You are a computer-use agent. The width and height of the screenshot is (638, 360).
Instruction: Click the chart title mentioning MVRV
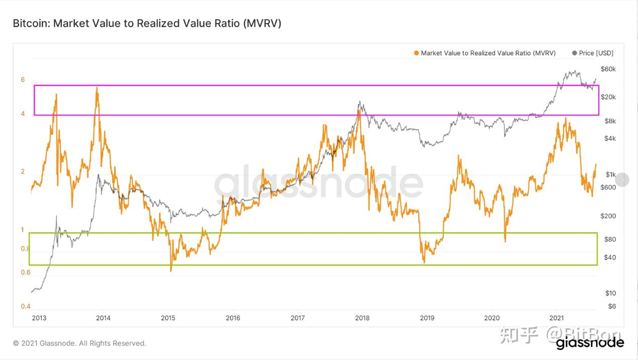coord(147,23)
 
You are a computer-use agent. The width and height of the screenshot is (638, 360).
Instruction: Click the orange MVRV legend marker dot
coord(416,53)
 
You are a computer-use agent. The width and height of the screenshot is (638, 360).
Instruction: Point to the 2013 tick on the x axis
coord(39,318)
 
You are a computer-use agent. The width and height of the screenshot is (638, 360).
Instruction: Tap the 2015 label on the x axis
coord(168,318)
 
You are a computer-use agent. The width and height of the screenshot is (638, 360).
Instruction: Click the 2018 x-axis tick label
coord(362,318)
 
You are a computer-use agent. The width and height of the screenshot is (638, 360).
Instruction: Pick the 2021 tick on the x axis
coord(556,318)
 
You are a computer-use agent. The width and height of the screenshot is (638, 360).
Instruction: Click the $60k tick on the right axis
coord(608,69)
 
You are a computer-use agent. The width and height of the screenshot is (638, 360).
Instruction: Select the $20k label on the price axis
coord(608,97)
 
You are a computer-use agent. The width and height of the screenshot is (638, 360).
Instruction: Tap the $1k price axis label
coord(610,174)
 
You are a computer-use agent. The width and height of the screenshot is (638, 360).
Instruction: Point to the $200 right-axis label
coord(608,216)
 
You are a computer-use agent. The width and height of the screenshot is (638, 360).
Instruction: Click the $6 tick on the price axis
coord(611,306)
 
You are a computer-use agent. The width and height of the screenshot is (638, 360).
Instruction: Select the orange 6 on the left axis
coord(23,79)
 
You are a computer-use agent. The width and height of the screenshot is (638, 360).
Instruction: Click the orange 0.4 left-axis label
coord(25,306)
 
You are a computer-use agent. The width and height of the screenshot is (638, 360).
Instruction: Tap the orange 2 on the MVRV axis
coord(23,171)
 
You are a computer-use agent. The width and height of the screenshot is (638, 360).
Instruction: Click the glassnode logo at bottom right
coord(590,343)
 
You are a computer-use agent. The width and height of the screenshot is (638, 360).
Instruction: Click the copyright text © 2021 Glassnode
coord(79,343)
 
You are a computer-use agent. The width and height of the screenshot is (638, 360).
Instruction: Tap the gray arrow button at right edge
coord(622,179)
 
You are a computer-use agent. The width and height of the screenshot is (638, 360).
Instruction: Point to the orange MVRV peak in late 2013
coord(97,87)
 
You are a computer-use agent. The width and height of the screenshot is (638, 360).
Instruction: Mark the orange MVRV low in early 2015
coord(171,271)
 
